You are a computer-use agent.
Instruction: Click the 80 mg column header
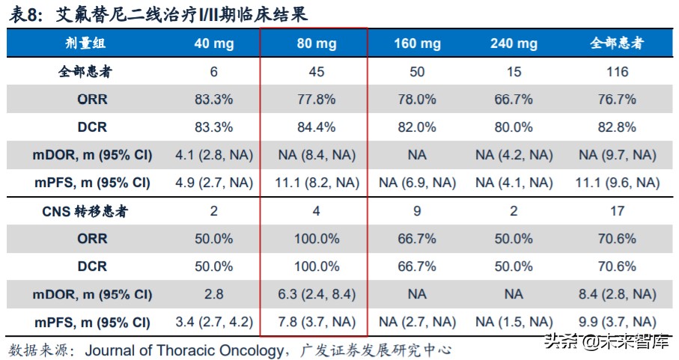(316, 44)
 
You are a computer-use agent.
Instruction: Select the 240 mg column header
(514, 44)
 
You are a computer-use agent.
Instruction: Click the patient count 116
(618, 72)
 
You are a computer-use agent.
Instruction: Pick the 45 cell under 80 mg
(316, 72)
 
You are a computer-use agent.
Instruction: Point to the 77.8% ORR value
(316, 100)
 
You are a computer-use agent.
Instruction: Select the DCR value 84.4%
(316, 127)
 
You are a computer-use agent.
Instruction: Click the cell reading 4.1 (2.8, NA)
(213, 156)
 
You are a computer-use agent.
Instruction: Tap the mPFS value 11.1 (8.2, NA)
(316, 183)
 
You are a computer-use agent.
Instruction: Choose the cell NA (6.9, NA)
(417, 183)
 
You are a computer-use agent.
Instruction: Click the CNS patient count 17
(618, 211)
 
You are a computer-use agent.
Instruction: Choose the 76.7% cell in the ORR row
(618, 100)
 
